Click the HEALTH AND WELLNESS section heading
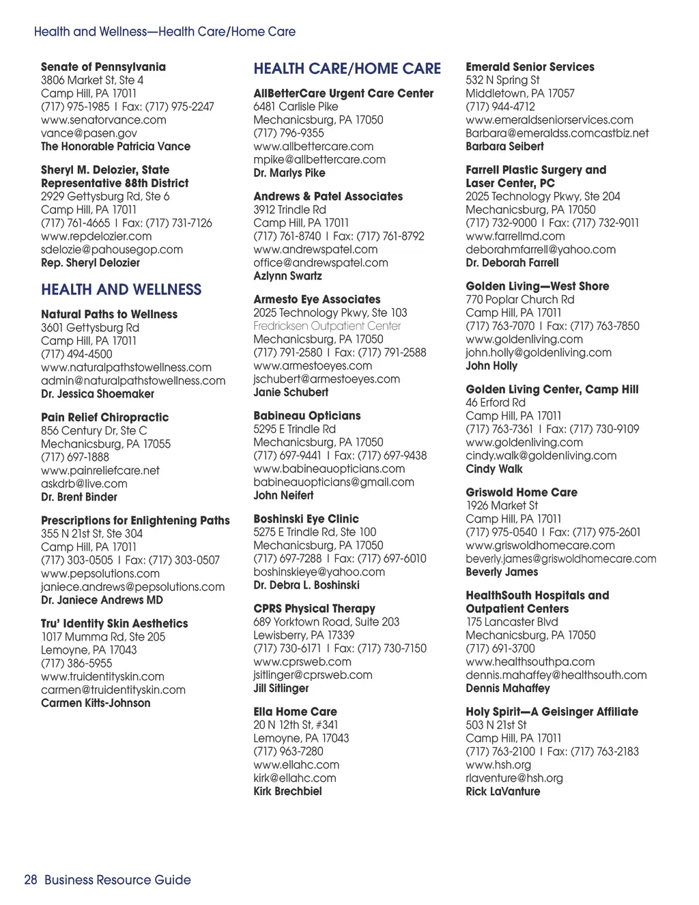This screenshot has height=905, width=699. tap(121, 290)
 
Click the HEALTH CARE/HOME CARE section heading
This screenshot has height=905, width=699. tap(347, 68)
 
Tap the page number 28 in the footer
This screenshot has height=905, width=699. tap(31, 880)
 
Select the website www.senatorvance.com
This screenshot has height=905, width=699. tap(103, 120)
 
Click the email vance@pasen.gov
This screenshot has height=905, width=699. tap(89, 133)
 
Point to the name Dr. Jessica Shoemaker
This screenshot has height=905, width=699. tap(98, 394)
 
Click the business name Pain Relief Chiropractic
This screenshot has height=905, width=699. tap(104, 417)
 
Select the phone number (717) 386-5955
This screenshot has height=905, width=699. tap(76, 663)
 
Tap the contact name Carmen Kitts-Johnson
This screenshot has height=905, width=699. tap(96, 703)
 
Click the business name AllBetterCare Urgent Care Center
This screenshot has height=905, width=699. tap(343, 94)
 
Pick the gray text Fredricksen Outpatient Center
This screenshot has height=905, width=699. tap(327, 326)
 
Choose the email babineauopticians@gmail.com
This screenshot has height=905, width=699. tap(334, 482)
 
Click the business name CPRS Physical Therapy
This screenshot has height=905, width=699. tap(314, 609)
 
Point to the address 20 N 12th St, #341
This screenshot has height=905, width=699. tap(296, 725)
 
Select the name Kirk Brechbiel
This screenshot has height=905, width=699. tap(287, 791)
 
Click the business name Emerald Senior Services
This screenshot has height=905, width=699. tap(530, 67)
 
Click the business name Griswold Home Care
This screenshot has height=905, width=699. tap(522, 492)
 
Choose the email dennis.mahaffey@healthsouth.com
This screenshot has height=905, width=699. tap(556, 675)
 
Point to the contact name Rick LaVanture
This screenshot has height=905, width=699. tap(503, 791)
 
